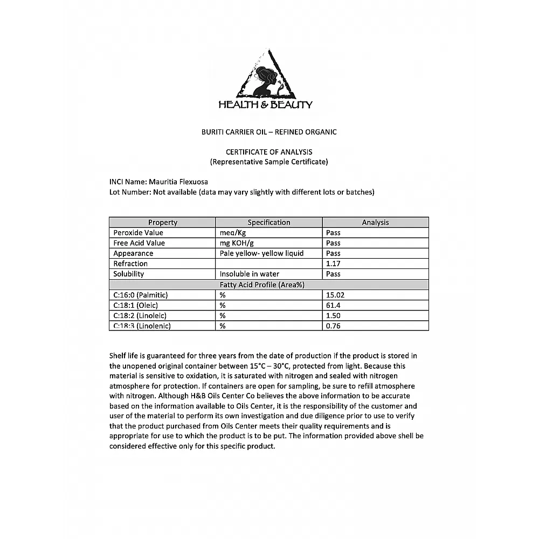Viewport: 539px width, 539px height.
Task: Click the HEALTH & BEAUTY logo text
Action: tap(265, 105)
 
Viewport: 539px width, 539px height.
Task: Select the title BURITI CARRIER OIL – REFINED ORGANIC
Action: tap(268, 132)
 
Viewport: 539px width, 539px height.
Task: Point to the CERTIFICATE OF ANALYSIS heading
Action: tap(269, 152)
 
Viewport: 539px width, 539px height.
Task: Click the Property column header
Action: tap(162, 222)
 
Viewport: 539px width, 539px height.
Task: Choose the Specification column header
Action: tap(268, 222)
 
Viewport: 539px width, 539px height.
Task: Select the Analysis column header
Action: tap(375, 222)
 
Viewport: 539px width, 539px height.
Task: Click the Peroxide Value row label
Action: tap(138, 233)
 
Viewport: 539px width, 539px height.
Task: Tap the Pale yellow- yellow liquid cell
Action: tap(261, 253)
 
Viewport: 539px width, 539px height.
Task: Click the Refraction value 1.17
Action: tap(333, 264)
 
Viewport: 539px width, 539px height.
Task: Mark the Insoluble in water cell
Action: tap(250, 274)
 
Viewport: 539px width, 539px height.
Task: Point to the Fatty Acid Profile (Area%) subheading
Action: tap(269, 285)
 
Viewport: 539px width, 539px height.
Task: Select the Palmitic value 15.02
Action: tap(335, 295)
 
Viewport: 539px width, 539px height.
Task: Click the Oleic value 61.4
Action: tap(333, 305)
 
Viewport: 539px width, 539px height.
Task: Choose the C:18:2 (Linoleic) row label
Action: tap(140, 315)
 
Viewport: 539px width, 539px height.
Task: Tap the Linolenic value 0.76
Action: tap(333, 326)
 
